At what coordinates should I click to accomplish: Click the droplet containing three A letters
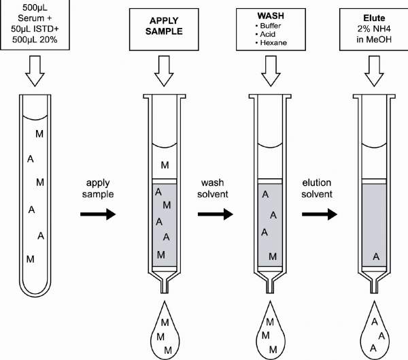tap(373, 331)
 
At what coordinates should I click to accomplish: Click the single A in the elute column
tap(375, 257)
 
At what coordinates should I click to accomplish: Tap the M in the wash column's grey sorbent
tap(273, 257)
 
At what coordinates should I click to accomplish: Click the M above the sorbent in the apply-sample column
tap(165, 165)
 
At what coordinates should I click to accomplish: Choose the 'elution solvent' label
tap(318, 189)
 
